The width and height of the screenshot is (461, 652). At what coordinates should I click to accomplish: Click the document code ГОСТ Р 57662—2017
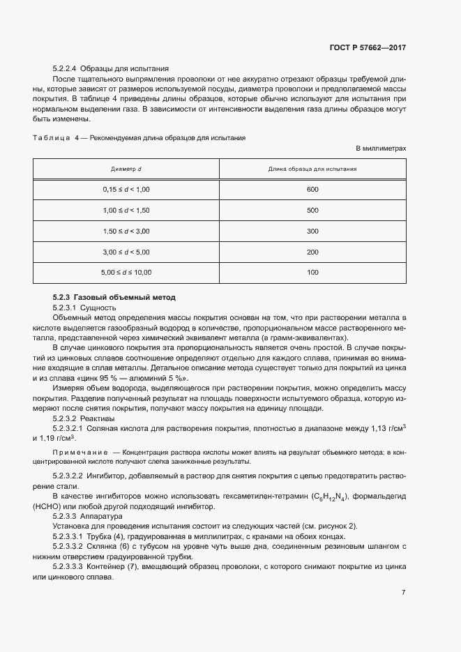point(368,48)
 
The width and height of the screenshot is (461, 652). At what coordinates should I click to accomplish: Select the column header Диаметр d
point(126,169)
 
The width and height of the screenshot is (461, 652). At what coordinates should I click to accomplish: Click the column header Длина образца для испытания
point(312,169)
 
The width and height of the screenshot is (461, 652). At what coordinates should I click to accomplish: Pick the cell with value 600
point(312,190)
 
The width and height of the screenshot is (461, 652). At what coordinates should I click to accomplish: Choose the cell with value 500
point(312,211)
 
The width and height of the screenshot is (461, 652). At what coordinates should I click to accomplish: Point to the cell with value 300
point(312,231)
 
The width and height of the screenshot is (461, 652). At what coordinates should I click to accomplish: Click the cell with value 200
point(312,252)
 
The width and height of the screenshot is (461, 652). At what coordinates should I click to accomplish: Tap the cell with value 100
point(312,272)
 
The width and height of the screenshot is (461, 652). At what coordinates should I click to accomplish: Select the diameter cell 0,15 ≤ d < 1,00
point(126,190)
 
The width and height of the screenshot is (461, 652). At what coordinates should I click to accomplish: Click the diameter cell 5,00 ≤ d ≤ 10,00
point(126,272)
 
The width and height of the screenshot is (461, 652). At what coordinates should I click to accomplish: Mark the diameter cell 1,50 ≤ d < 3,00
point(126,231)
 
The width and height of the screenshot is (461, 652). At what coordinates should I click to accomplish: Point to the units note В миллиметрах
point(381,149)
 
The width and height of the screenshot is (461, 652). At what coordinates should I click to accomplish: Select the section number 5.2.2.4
point(65,69)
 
